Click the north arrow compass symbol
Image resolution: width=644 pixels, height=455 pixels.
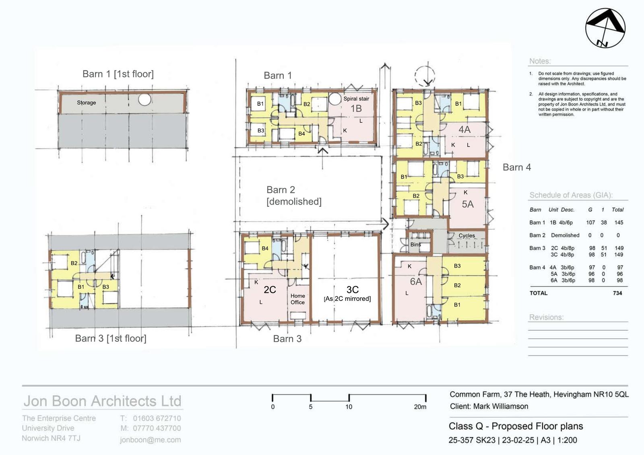(x=605, y=28)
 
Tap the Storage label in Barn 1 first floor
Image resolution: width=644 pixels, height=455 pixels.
(x=86, y=103)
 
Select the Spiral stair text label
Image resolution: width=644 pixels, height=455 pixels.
(x=356, y=99)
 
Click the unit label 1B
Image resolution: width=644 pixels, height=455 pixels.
(x=356, y=108)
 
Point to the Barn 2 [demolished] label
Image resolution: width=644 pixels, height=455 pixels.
(x=294, y=196)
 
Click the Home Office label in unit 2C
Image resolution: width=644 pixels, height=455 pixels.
(x=297, y=299)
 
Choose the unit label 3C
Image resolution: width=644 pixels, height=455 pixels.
(x=353, y=289)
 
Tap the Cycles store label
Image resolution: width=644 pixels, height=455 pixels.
(x=466, y=235)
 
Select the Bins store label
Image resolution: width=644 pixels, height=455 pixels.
(x=415, y=244)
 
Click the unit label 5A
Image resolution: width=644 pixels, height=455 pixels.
(x=467, y=204)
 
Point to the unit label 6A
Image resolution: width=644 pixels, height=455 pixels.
(x=416, y=281)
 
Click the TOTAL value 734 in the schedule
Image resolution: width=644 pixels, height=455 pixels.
(x=617, y=293)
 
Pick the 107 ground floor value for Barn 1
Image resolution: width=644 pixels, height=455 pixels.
(x=590, y=222)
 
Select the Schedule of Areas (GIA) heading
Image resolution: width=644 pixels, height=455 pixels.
(x=571, y=195)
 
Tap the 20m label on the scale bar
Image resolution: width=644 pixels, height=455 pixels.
(x=420, y=407)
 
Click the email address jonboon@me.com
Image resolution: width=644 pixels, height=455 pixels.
(x=151, y=440)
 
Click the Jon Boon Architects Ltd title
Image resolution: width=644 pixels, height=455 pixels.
(x=102, y=401)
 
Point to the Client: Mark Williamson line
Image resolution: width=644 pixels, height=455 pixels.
(x=489, y=406)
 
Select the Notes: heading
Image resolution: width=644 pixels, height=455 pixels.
(x=540, y=61)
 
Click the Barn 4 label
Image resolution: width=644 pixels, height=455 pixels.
(x=517, y=167)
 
